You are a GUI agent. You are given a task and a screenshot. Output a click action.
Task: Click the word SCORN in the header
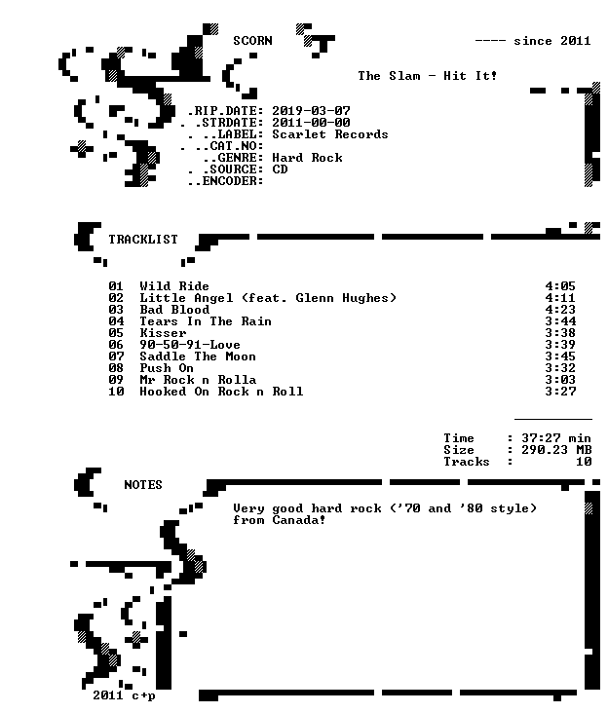[x=252, y=41]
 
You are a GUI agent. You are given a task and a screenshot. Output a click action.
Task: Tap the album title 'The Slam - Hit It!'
[x=427, y=76]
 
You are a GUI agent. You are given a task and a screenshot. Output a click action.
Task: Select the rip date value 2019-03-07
[x=311, y=111]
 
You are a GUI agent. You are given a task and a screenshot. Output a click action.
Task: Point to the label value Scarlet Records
[x=330, y=134]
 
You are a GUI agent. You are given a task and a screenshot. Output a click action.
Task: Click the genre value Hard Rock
[x=308, y=158]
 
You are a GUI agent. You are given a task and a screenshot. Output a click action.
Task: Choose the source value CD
[x=280, y=169]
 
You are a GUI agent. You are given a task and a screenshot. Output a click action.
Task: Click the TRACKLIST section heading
[x=143, y=240]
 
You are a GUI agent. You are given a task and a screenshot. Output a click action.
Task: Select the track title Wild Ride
[x=174, y=286]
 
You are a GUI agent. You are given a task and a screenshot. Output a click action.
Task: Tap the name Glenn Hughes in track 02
[x=342, y=298]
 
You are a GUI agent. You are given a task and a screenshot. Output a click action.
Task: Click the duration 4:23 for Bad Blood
[x=560, y=310]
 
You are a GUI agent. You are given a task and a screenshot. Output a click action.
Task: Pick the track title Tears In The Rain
[x=206, y=321]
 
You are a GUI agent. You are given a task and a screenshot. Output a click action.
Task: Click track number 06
[x=116, y=345]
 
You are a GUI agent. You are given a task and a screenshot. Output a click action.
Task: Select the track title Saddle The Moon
[x=198, y=356]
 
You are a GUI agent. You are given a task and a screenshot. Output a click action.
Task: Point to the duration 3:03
[x=560, y=380]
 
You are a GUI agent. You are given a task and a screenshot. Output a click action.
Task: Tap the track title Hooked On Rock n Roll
[x=221, y=392]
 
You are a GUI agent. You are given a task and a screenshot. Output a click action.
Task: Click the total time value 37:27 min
[x=556, y=438]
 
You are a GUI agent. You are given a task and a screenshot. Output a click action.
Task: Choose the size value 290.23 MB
[x=556, y=450]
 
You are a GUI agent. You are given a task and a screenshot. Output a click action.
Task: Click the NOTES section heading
[x=143, y=485]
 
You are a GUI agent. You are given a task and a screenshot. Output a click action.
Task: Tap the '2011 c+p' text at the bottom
[x=124, y=695]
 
